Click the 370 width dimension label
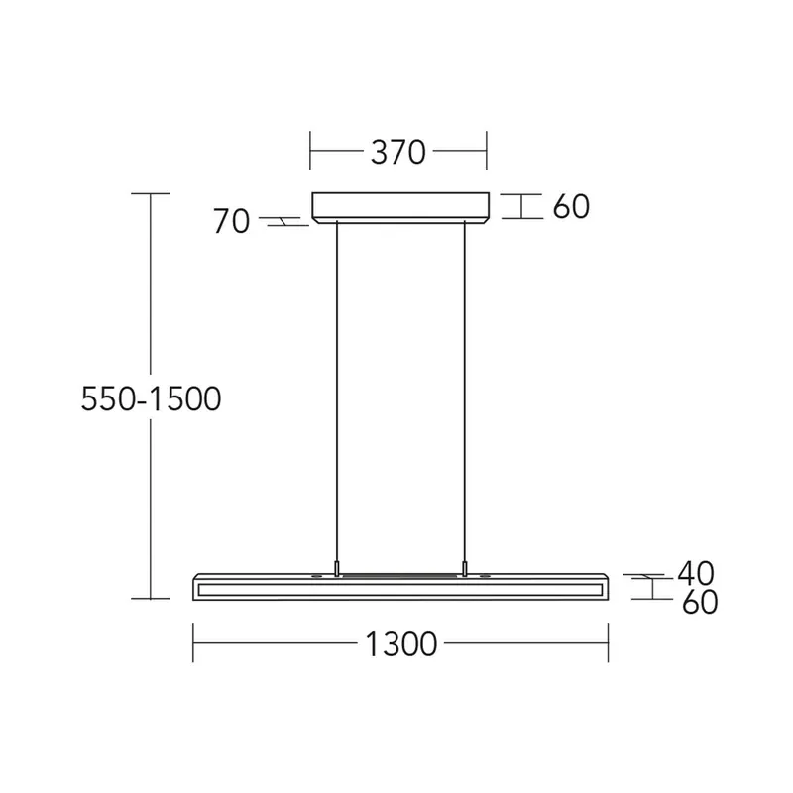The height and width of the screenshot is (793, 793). (x=398, y=152)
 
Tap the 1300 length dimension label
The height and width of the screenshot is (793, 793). (x=401, y=643)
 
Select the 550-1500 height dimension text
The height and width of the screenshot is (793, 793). (x=151, y=398)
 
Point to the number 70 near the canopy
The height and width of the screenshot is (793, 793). (x=232, y=221)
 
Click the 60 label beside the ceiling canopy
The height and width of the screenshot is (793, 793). (x=571, y=206)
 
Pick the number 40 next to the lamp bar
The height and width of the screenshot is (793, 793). (x=696, y=573)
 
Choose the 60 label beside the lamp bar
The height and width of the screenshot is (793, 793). (x=700, y=602)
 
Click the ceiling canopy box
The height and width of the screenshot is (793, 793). (x=400, y=207)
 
